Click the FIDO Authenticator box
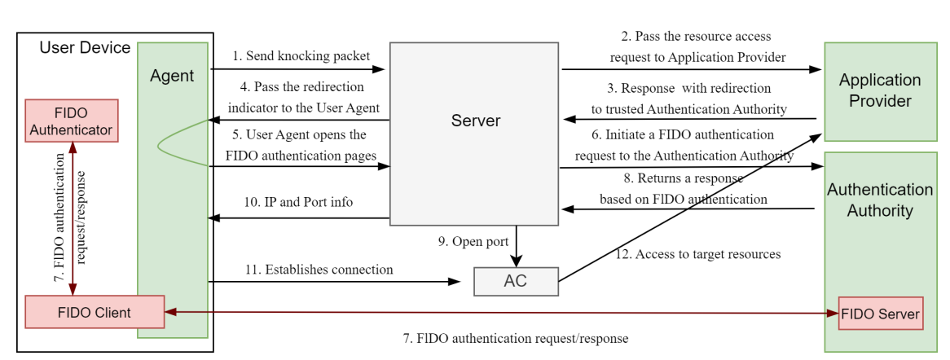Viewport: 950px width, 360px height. pos(72,120)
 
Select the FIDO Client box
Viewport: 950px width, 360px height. pos(94,313)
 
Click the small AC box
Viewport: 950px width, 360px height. pos(516,281)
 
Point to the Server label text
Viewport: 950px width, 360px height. pos(476,121)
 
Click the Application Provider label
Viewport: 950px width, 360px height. pos(880,90)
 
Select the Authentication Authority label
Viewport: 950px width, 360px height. pos(880,200)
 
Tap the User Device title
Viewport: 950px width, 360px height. pos(85,48)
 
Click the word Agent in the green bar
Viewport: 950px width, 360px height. pos(172,76)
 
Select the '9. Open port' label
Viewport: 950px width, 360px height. pos(473,242)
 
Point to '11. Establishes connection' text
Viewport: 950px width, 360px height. pos(319,270)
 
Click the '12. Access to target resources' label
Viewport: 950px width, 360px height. pos(697,254)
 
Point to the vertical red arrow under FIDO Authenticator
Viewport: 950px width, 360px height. pos(73,218)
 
